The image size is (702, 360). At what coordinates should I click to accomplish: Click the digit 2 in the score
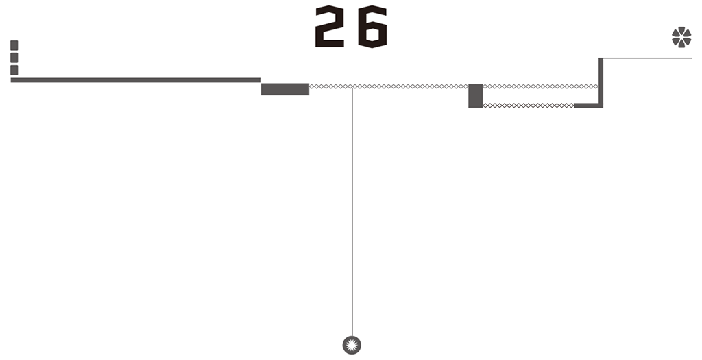pos(329,27)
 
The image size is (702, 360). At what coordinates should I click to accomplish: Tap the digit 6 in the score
pos(372,27)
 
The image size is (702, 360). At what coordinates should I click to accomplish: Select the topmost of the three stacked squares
pos(14,45)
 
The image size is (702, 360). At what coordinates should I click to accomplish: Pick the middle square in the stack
pos(14,58)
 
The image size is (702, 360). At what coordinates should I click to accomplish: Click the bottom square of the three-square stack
pos(14,70)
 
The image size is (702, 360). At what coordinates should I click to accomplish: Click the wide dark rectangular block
pos(285,89)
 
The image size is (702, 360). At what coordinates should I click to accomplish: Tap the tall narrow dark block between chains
pos(475,96)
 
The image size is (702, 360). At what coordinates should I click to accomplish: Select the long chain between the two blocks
pos(411,86)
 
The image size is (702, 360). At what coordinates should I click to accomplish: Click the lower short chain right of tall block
pos(528,106)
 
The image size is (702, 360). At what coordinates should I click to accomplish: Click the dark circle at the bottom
pos(352,345)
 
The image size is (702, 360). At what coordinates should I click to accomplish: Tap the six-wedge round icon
pos(681,37)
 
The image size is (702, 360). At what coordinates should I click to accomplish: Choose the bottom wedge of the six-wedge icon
pos(681,45)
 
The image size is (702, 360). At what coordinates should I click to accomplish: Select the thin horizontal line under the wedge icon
pos(648,58)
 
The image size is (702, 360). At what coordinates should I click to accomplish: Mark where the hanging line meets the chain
pos(352,87)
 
